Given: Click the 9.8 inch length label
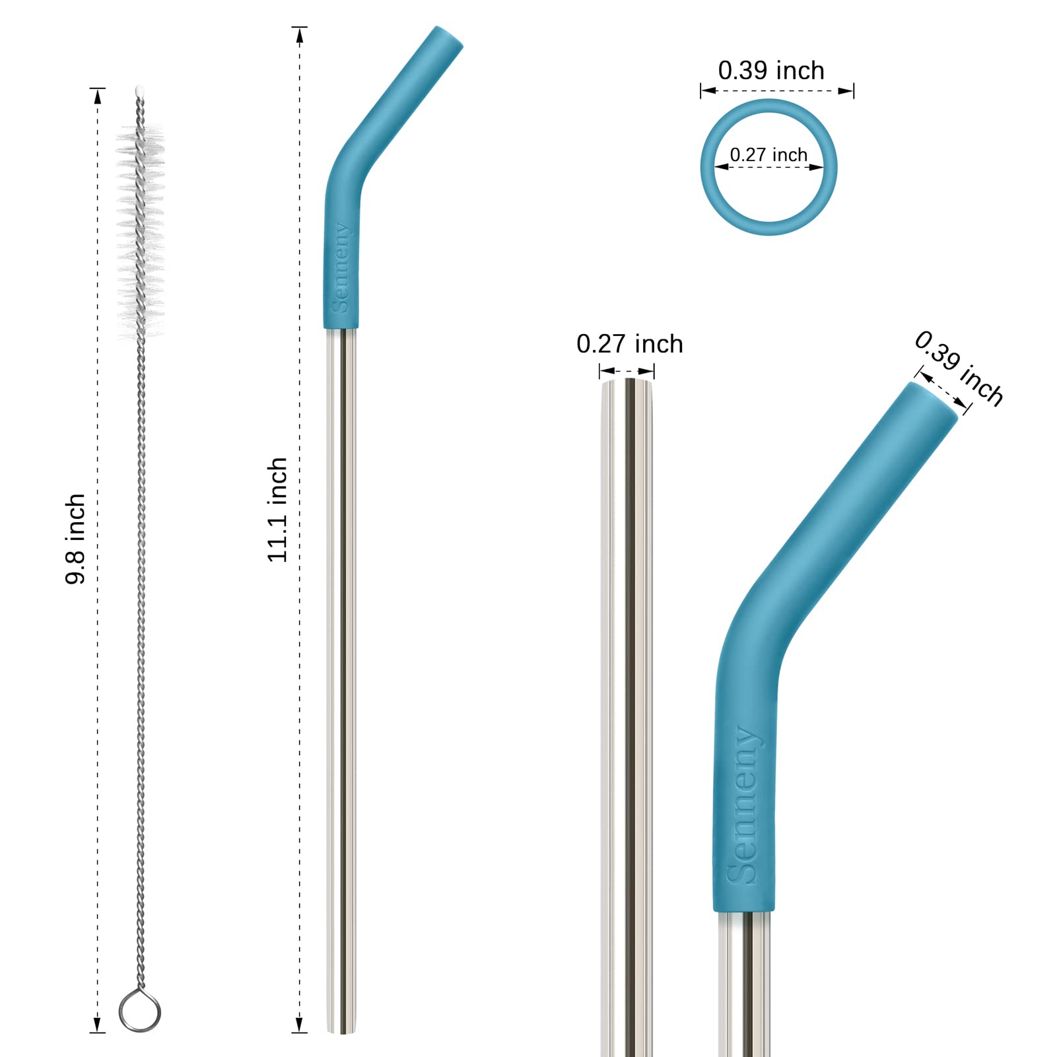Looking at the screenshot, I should click(x=75, y=539).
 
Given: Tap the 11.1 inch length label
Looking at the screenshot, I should click(x=277, y=510).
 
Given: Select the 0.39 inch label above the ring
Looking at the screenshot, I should click(x=771, y=71).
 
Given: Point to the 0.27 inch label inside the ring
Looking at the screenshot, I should click(x=768, y=154).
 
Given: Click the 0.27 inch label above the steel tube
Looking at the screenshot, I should click(x=629, y=344).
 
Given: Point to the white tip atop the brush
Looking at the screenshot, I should click(x=139, y=90).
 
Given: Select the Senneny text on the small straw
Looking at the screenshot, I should click(x=341, y=267).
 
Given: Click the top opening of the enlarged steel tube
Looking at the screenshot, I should click(x=627, y=382).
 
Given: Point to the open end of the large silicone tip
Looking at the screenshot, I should click(x=934, y=399).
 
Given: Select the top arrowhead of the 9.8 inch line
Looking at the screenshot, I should click(x=98, y=96).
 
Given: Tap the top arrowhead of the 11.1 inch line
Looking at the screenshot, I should click(x=300, y=36).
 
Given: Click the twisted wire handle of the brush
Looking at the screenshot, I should click(x=140, y=660).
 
